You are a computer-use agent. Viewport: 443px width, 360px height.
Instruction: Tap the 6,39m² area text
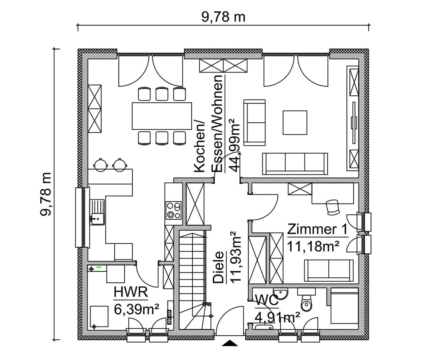click(x=136, y=309)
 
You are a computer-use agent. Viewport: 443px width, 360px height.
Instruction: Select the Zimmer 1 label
click(x=317, y=229)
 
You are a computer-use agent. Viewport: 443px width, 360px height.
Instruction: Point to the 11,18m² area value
click(x=313, y=246)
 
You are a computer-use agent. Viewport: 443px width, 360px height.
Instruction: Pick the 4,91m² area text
click(x=277, y=317)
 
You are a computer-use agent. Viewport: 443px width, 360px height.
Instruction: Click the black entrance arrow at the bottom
click(x=230, y=343)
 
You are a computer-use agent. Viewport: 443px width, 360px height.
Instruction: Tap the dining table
click(x=162, y=116)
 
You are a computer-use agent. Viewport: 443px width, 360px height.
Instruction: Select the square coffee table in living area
click(x=295, y=122)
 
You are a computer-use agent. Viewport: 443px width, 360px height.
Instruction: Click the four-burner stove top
click(x=173, y=210)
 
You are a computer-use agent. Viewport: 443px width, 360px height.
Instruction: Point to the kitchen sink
click(x=97, y=212)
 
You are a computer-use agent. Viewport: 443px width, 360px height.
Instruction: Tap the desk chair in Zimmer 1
click(x=333, y=207)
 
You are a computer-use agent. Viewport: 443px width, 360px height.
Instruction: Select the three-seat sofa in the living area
click(x=295, y=164)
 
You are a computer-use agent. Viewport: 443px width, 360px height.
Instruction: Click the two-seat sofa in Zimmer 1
click(x=329, y=270)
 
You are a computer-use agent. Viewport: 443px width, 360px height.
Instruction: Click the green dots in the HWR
click(x=99, y=267)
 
